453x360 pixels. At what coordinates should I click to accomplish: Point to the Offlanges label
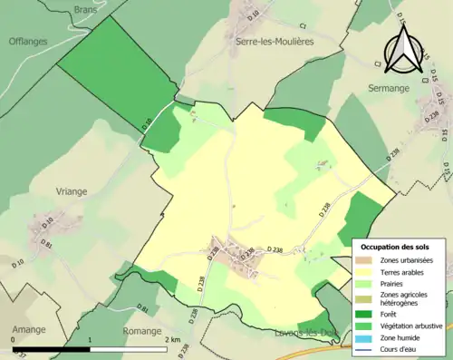[28, 41]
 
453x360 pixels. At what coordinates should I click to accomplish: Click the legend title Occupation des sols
[395, 247]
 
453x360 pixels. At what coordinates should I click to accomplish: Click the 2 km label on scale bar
[175, 341]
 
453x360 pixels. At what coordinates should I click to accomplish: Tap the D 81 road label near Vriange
[43, 245]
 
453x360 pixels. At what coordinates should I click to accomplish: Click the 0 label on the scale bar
[14, 341]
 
